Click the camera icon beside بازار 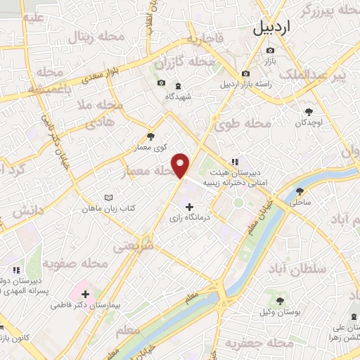pyautogui.click(x=271, y=50)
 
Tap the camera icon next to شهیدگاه pyautogui.click(x=161, y=83)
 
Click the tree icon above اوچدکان pyautogui.click(x=309, y=111)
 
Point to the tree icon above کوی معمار pyautogui.click(x=150, y=137)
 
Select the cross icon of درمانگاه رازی pyautogui.click(x=189, y=206)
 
